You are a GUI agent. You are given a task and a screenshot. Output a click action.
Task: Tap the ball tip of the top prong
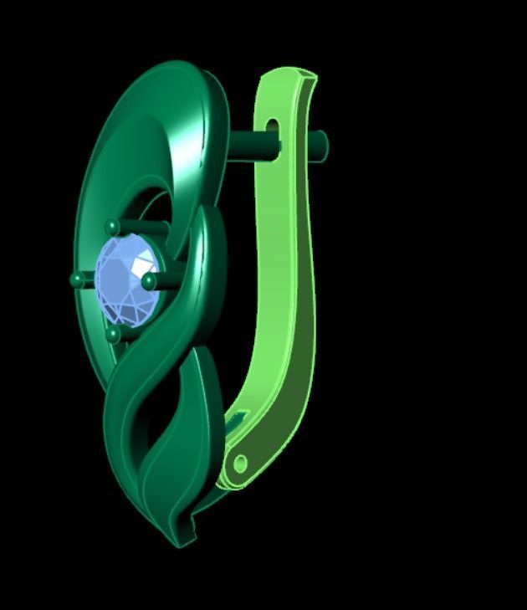(x=113, y=226)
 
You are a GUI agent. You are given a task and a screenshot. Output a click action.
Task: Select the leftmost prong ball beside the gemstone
(x=78, y=279)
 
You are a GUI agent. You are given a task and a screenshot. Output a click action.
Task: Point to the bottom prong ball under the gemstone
(x=113, y=335)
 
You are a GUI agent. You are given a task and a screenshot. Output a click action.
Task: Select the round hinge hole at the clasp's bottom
(x=241, y=463)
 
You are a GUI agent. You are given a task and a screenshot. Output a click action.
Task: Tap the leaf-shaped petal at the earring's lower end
(x=159, y=485)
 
